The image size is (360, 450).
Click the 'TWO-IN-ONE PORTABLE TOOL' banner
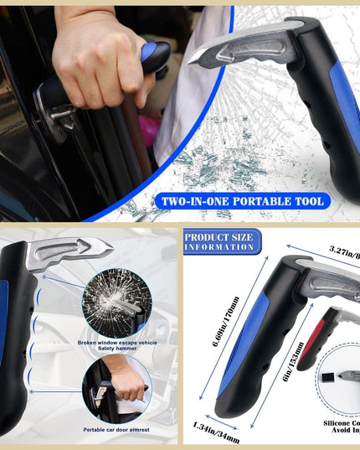point(242,200)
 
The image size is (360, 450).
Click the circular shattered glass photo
point(116,300)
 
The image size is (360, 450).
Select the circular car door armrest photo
point(116,386)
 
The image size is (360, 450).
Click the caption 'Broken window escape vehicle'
point(116,342)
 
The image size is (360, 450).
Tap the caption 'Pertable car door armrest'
point(117,429)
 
